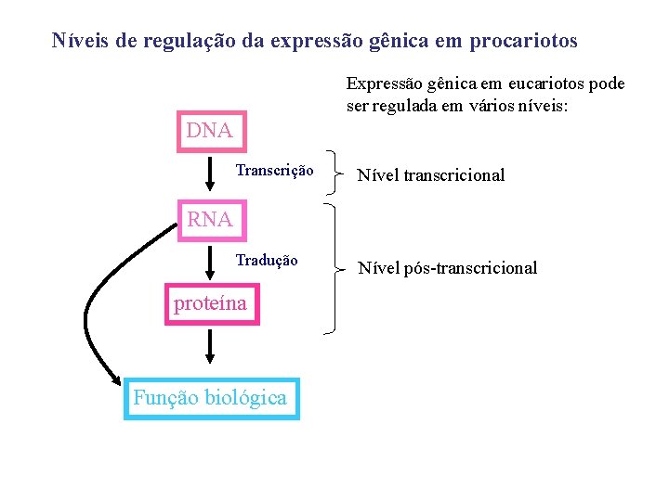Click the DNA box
pos(208,131)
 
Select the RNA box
pos(209,220)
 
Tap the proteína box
pos(211,303)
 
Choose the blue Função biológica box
pos(211,398)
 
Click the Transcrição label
pos(274,171)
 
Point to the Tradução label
pos(267,261)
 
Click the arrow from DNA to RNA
pos(210,173)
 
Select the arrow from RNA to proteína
pos(210,262)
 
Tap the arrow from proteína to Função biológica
pos(210,347)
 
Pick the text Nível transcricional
pos(431,175)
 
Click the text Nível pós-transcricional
pos(447,268)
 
